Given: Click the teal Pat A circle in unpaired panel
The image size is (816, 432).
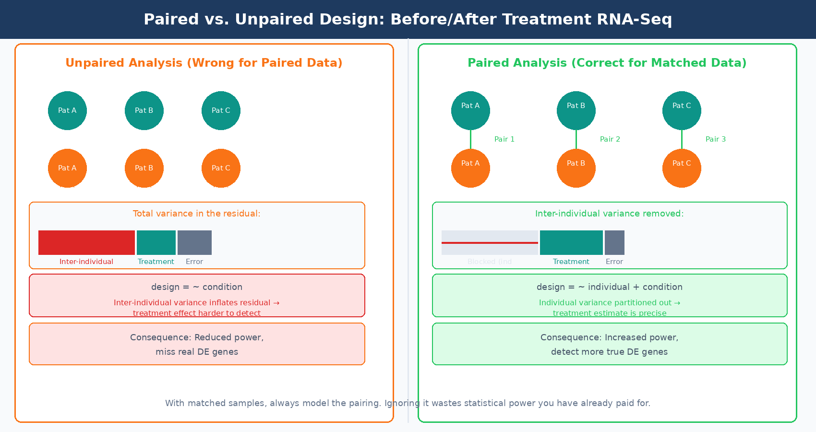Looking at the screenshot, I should [67, 110].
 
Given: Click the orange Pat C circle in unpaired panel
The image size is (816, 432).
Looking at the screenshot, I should [221, 168].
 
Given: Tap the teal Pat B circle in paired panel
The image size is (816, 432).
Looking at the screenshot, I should [576, 110].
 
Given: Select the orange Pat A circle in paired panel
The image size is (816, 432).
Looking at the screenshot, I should [470, 168].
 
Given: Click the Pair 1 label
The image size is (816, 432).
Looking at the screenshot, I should [504, 139].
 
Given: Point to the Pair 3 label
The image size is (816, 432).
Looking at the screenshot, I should [715, 139].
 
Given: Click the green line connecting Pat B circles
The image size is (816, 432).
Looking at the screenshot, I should [576, 139].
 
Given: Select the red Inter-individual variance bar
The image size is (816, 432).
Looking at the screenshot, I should [86, 242].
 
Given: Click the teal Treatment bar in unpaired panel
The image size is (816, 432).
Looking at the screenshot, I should [156, 242].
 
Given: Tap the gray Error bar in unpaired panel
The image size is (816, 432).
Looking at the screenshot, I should [194, 242].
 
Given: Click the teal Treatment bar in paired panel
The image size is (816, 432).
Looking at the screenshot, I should [571, 242].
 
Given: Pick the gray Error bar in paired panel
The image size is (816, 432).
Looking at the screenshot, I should [614, 242].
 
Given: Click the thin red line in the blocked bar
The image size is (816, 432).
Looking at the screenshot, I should [490, 243].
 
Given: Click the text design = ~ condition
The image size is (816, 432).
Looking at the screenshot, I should [197, 287].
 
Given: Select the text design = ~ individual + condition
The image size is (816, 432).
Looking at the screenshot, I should [609, 287].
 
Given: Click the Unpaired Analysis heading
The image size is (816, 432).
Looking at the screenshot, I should [204, 63].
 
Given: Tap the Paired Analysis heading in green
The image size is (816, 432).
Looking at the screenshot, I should [607, 63].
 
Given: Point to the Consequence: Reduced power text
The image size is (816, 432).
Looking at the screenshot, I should [197, 337].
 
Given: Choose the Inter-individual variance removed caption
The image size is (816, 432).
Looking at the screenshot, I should [609, 214].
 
